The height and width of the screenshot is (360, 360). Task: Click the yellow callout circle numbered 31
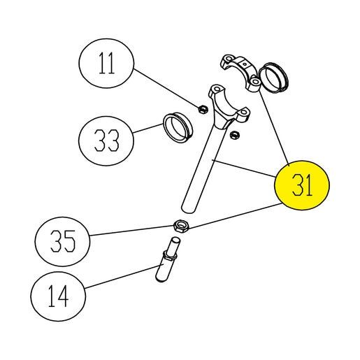(302, 185)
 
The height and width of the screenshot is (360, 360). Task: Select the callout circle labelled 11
(106, 63)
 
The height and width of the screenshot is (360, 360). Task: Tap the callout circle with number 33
(106, 141)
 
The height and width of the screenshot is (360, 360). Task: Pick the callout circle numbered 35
(62, 241)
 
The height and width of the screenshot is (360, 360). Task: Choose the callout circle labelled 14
(58, 296)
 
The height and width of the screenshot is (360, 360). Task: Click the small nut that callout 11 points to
(203, 109)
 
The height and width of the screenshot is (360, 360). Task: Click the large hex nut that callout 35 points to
(181, 226)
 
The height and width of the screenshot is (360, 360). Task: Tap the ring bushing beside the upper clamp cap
(274, 78)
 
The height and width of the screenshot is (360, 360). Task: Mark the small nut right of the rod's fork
(233, 135)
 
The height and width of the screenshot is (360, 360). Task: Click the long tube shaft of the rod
(203, 167)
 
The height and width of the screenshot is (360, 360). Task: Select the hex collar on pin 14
(171, 255)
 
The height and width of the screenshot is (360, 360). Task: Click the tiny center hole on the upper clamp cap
(244, 64)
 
